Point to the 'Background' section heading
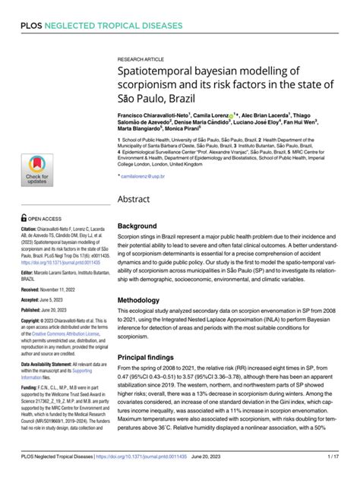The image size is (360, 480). click(137, 226)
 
